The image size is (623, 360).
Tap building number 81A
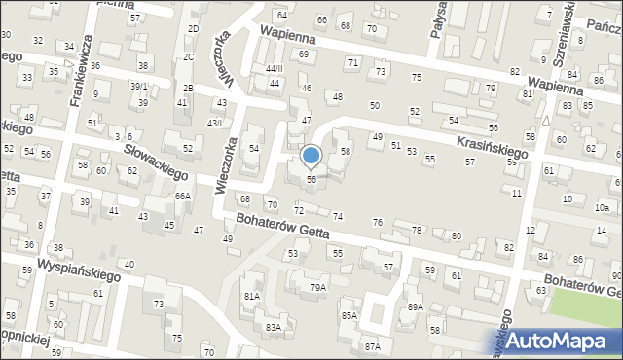click(x=252, y=295)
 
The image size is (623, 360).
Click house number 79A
click(x=317, y=287)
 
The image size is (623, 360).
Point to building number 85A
click(x=348, y=316)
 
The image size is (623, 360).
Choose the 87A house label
click(x=372, y=346)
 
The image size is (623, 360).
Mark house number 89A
click(x=416, y=306)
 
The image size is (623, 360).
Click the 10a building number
click(x=602, y=208)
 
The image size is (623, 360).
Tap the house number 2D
click(x=193, y=29)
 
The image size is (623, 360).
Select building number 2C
click(x=188, y=57)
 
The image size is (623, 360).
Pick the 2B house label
click(x=188, y=89)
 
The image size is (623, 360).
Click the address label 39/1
click(x=139, y=87)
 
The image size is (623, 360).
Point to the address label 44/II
click(x=274, y=68)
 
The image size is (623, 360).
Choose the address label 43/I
click(x=214, y=123)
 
